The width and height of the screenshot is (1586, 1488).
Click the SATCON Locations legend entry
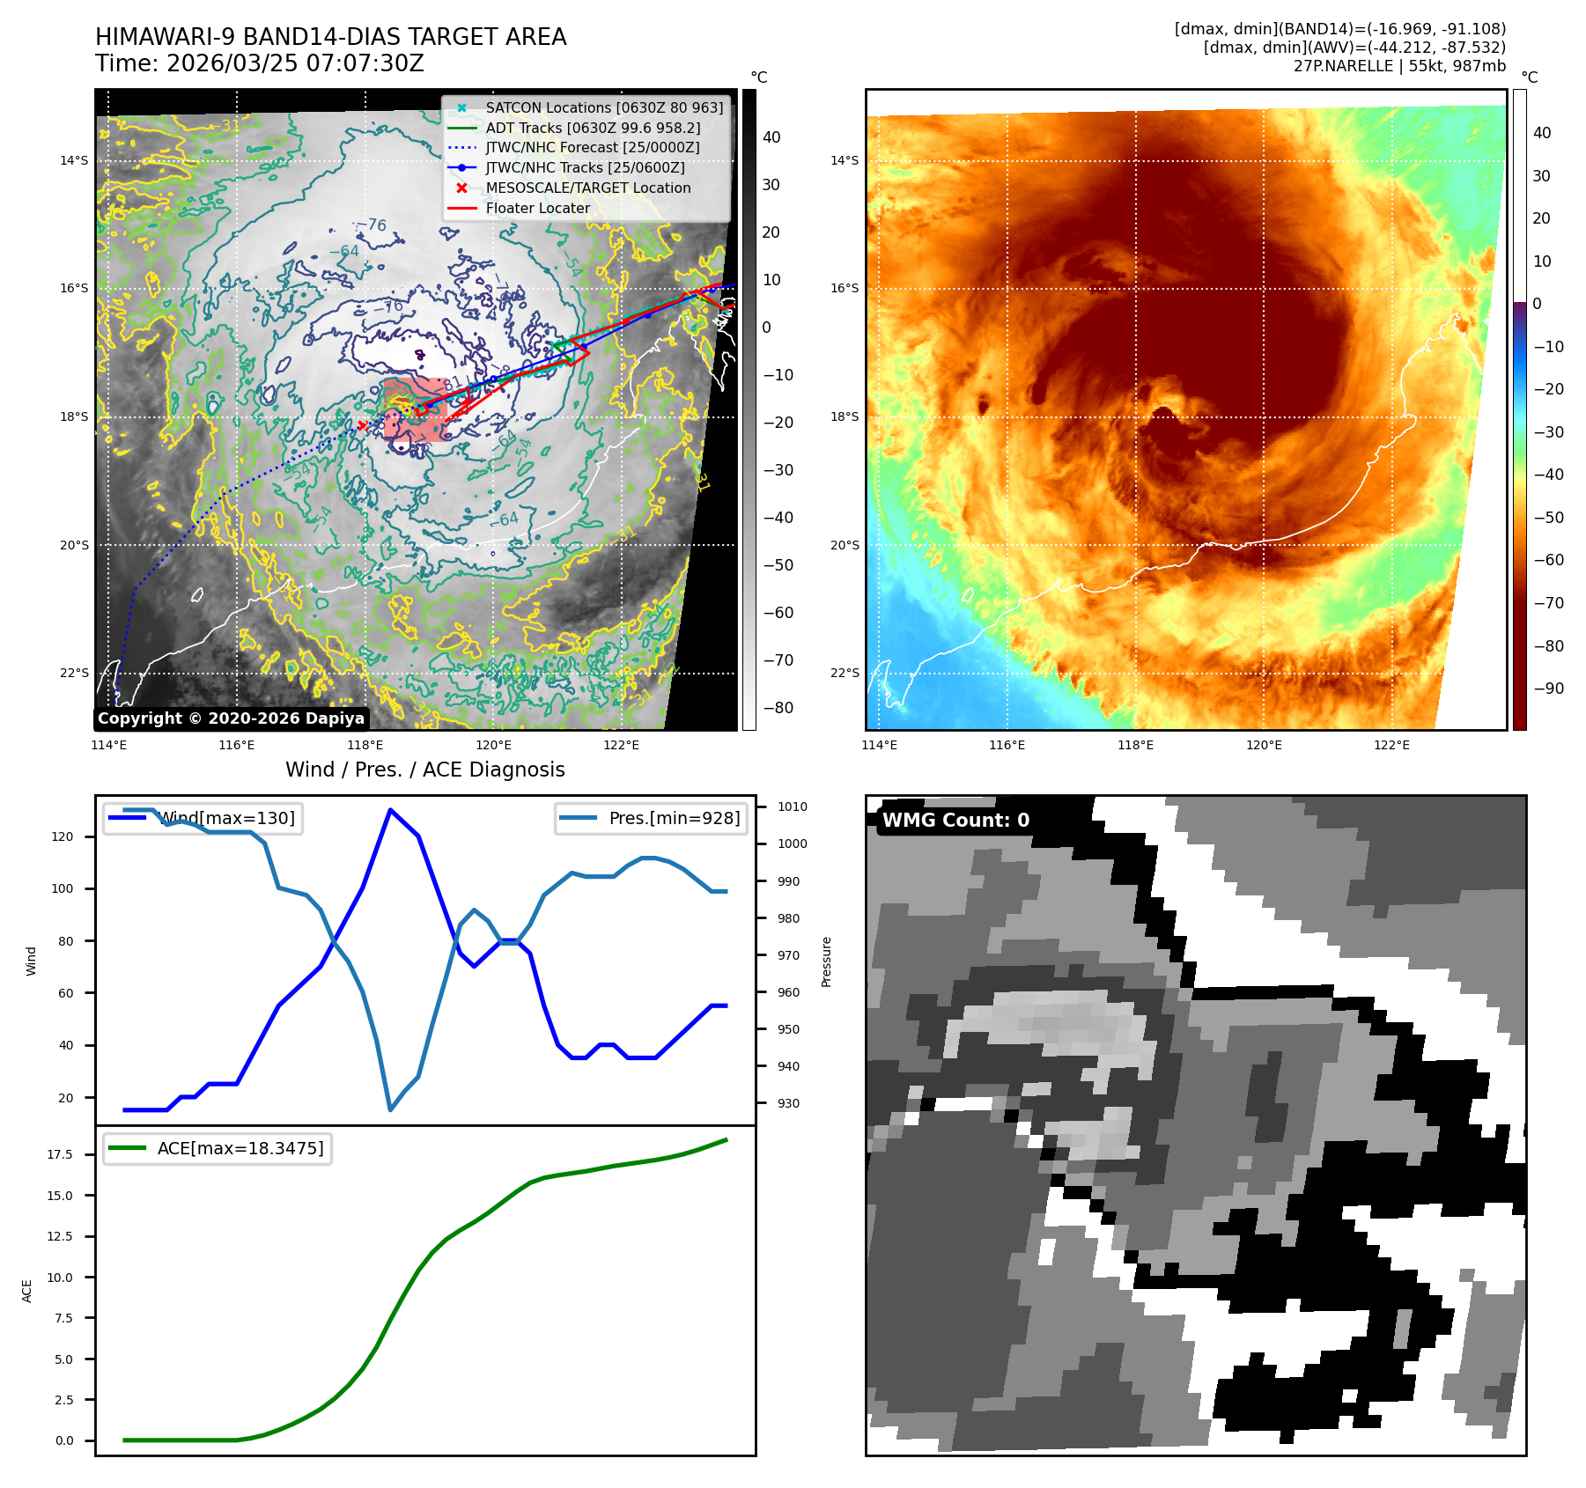click(x=603, y=107)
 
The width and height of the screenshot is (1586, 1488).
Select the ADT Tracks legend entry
click(x=593, y=128)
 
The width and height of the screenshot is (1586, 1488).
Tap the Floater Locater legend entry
click(x=537, y=208)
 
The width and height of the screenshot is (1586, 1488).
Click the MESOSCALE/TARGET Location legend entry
click(x=587, y=188)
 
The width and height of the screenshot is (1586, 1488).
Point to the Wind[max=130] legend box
click(x=203, y=818)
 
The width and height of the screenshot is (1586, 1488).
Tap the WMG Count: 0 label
click(x=955, y=820)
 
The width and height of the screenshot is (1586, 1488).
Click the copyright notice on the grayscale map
click(x=231, y=718)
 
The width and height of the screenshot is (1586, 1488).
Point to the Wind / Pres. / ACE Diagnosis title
click(x=424, y=770)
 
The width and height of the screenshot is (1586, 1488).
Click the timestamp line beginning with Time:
click(x=260, y=63)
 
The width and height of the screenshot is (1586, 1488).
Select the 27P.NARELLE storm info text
click(x=1399, y=66)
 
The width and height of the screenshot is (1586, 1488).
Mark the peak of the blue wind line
click(x=390, y=810)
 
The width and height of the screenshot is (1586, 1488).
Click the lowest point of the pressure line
click(x=390, y=1109)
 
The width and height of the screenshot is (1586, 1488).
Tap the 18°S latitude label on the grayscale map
click(x=74, y=416)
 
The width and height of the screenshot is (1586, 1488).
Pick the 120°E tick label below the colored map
click(x=1264, y=745)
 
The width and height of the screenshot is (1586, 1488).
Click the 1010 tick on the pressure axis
click(x=792, y=807)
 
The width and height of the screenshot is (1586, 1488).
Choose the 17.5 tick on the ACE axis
click(x=60, y=1154)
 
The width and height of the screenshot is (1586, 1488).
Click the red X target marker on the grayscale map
click(x=362, y=426)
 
